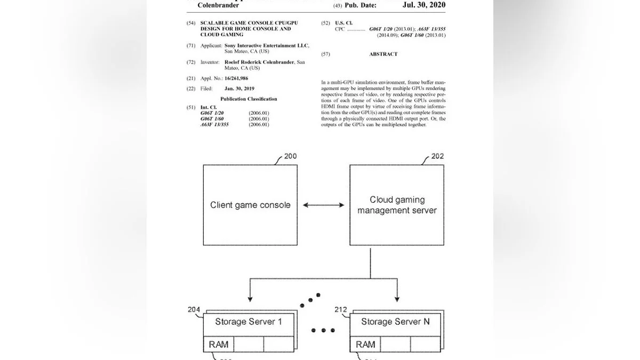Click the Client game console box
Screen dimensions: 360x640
click(x=250, y=205)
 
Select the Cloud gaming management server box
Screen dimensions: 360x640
click(x=397, y=205)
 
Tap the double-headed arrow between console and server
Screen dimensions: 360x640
click(x=323, y=205)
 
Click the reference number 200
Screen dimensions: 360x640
click(x=290, y=157)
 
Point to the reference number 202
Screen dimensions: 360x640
click(x=437, y=157)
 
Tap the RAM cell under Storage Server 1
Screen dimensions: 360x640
click(x=219, y=345)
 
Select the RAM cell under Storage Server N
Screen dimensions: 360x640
click(x=365, y=345)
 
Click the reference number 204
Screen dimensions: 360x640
click(x=194, y=310)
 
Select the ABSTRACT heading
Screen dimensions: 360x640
click(x=383, y=54)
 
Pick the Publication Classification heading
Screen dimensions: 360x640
click(x=249, y=99)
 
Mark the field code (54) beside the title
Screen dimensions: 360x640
click(x=190, y=23)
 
